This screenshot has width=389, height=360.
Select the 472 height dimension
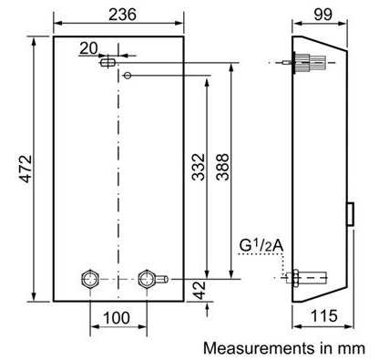coord(26,170)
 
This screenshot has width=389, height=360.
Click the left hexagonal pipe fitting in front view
coord(90,277)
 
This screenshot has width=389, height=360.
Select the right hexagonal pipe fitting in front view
coord(146,277)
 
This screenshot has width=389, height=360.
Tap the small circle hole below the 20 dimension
coord(128,75)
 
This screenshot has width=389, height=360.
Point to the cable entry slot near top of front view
coord(107,61)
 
